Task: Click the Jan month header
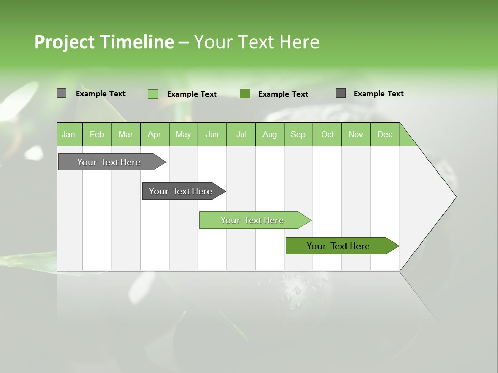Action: pyautogui.click(x=69, y=134)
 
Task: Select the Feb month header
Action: pyautogui.click(x=97, y=134)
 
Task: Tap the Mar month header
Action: pyautogui.click(x=126, y=134)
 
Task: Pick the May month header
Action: pyautogui.click(x=183, y=134)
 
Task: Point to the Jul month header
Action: pyautogui.click(x=241, y=134)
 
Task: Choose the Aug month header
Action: pyautogui.click(x=269, y=134)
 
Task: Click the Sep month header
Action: pyautogui.click(x=298, y=134)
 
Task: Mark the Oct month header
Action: pyautogui.click(x=327, y=134)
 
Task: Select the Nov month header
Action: pyautogui.click(x=356, y=134)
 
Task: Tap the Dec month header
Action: pyautogui.click(x=384, y=134)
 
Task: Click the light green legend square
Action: pyautogui.click(x=153, y=94)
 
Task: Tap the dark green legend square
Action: pyautogui.click(x=245, y=94)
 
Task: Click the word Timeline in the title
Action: pyautogui.click(x=136, y=42)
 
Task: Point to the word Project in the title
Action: pyautogui.click(x=64, y=42)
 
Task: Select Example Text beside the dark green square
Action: pyautogui.click(x=283, y=94)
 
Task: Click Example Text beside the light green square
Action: pyautogui.click(x=191, y=94)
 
